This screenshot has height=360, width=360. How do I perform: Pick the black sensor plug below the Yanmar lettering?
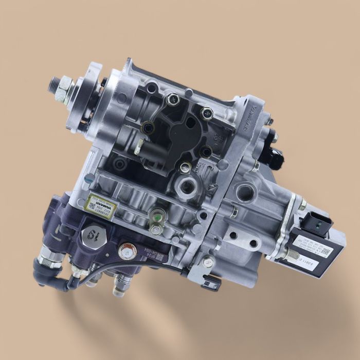(x=274, y=154)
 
